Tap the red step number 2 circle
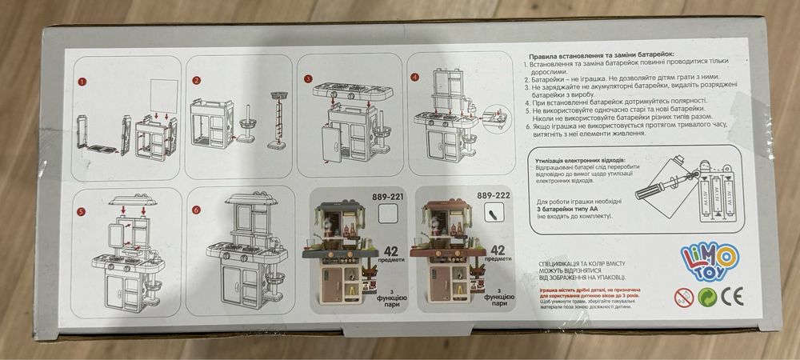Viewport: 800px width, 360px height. tap(195, 81)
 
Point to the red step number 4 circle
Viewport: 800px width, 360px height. tap(414, 78)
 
